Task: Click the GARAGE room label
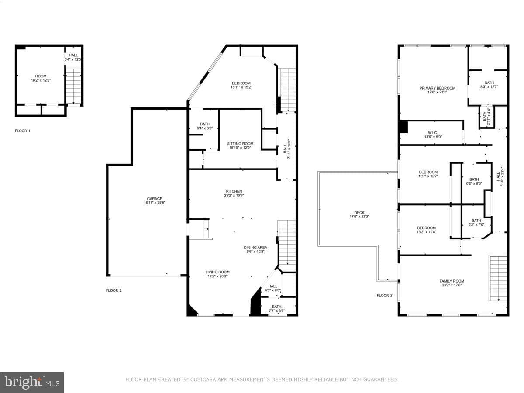tap(155, 199)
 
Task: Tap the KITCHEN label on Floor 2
tap(234, 191)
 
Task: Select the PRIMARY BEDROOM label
tap(438, 88)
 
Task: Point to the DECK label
tap(359, 213)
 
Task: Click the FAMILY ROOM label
tap(452, 281)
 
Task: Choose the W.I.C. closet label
tap(433, 133)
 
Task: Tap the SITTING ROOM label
tap(240, 144)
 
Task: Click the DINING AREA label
tap(255, 248)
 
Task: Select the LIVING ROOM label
tap(217, 272)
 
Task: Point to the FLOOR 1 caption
tap(23, 131)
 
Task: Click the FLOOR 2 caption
tap(114, 290)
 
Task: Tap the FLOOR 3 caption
tap(385, 296)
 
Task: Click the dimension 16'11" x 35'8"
tap(155, 203)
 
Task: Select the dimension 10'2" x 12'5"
tap(41, 80)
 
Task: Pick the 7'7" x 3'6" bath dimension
tap(277, 310)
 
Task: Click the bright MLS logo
tap(32, 382)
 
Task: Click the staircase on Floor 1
tap(73, 86)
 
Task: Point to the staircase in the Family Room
tap(498, 279)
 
